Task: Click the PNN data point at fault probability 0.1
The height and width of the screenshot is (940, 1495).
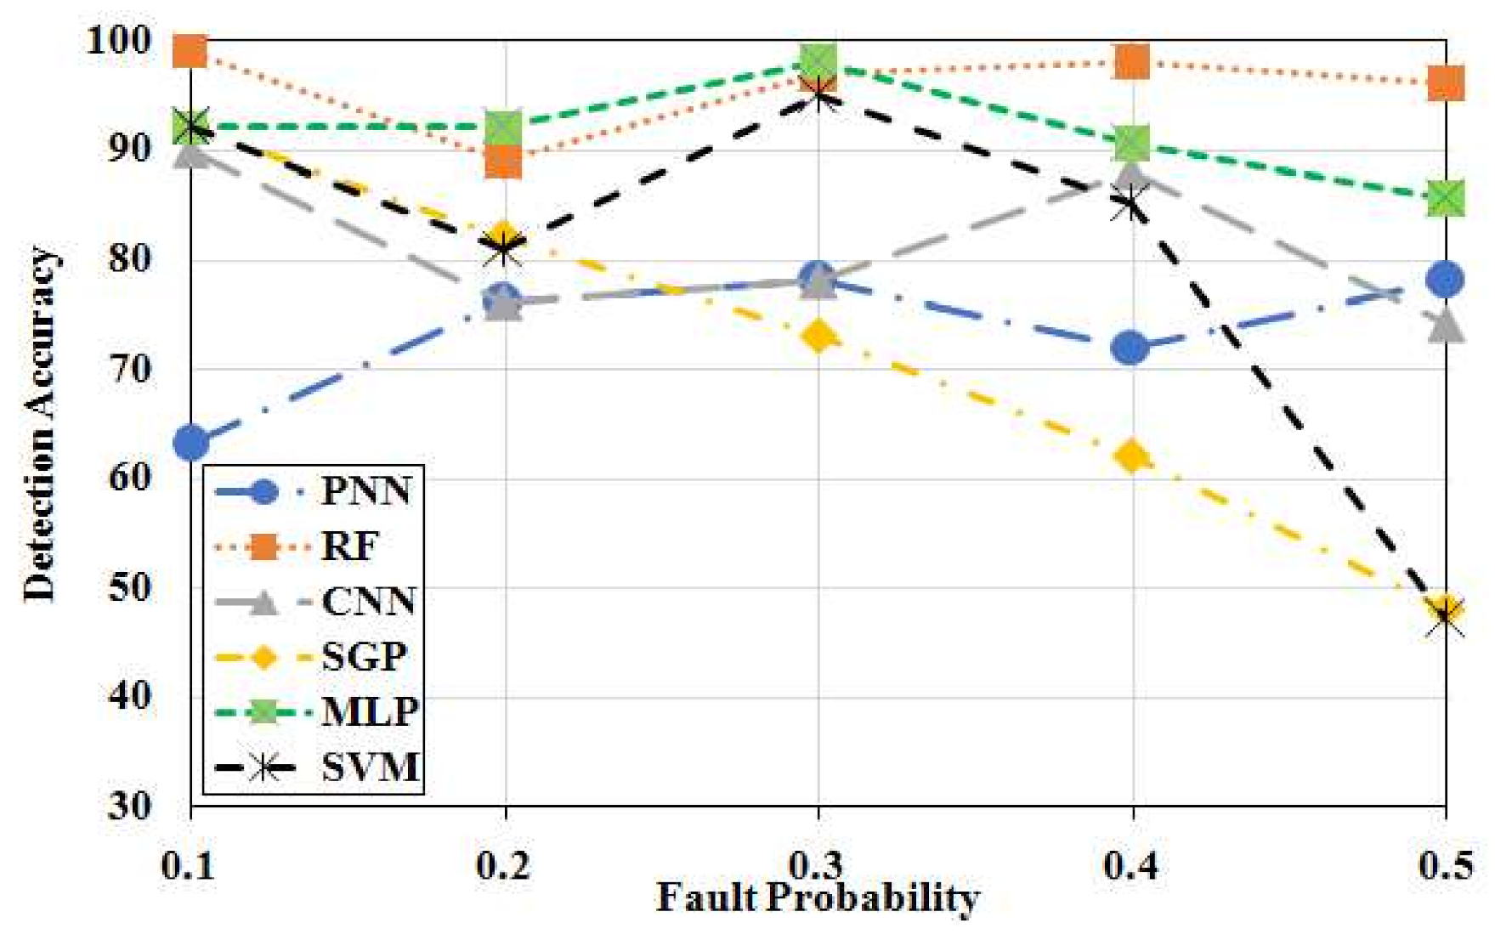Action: (x=191, y=442)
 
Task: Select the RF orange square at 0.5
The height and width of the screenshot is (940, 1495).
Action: (x=1445, y=83)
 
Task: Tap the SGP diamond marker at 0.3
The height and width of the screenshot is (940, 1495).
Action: (x=818, y=337)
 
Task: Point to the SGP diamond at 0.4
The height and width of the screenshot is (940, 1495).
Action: (x=1131, y=457)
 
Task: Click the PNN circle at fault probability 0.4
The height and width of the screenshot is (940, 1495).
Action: (x=1131, y=348)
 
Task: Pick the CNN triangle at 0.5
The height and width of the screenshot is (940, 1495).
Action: (x=1445, y=325)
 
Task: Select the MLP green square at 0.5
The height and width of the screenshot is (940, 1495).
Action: (x=1445, y=198)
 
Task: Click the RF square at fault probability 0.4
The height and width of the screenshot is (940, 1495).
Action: (x=1131, y=61)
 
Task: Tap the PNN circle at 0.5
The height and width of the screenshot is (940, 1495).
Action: (x=1445, y=279)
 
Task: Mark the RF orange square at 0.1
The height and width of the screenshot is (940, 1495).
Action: (x=190, y=51)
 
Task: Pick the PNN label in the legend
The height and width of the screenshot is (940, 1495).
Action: (x=366, y=491)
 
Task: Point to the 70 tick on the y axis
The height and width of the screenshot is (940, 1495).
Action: (x=130, y=369)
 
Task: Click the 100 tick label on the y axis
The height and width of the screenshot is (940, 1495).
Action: (x=119, y=39)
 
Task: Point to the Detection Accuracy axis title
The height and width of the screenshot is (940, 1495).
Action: (x=39, y=423)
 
